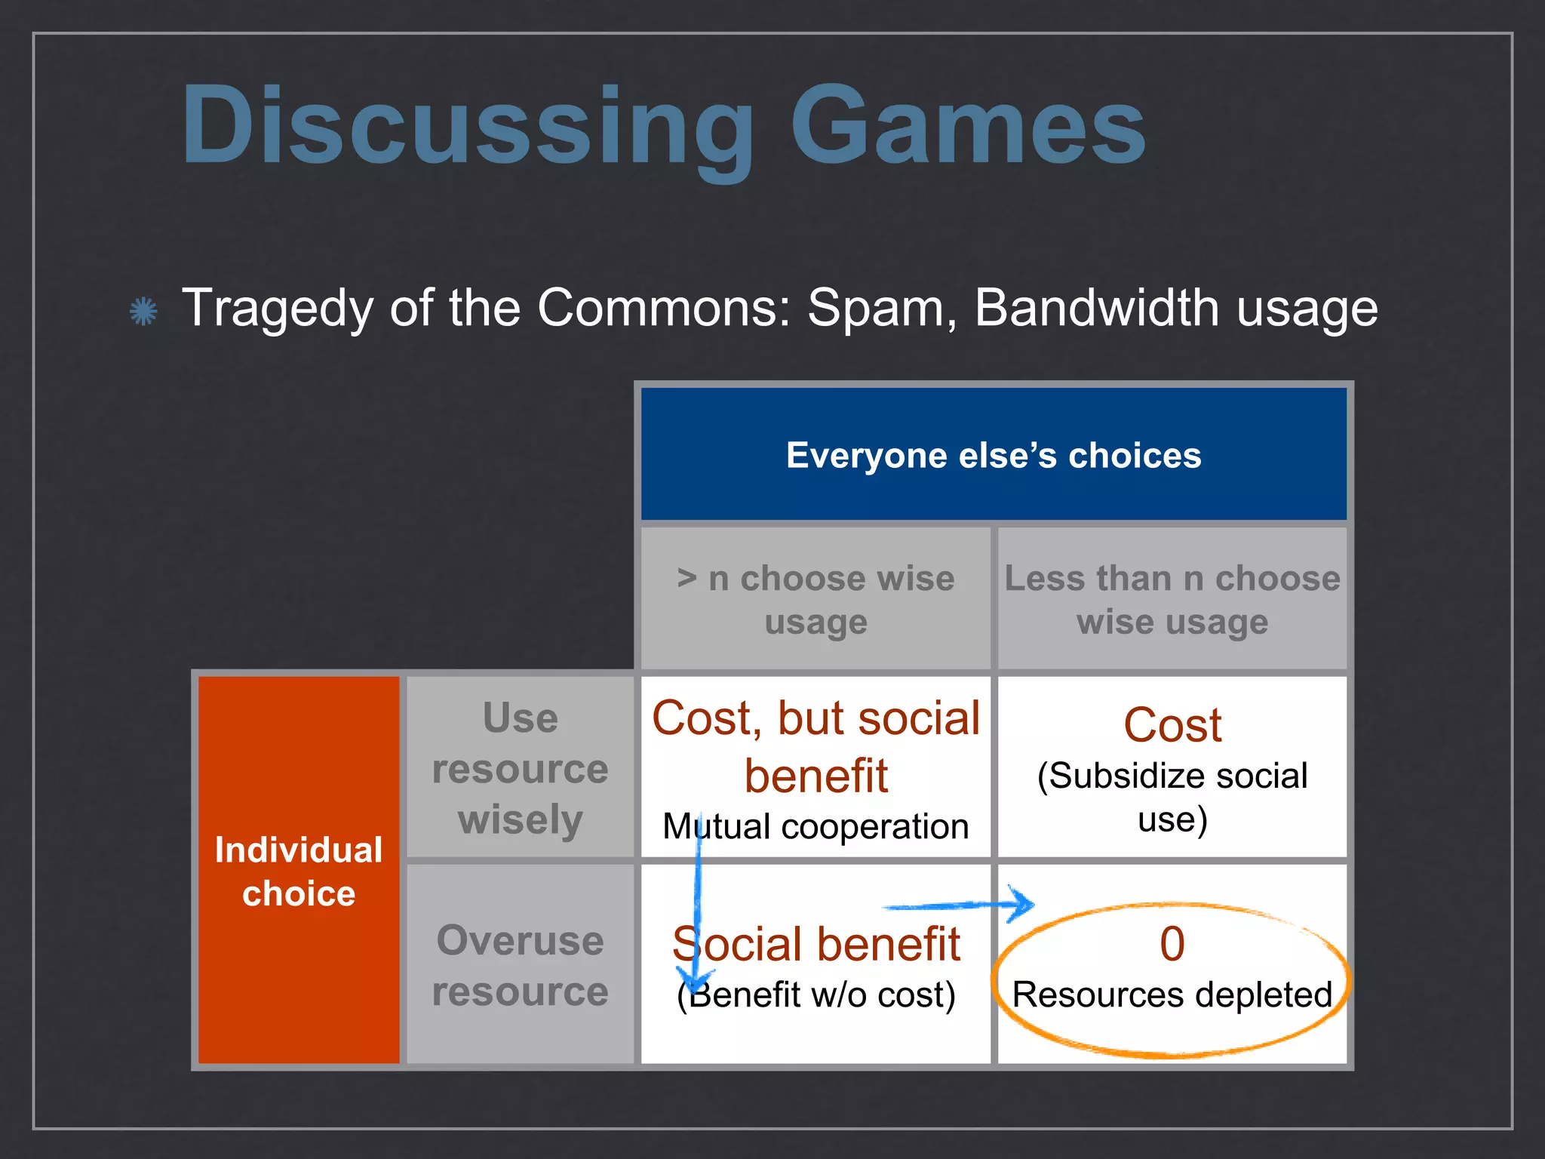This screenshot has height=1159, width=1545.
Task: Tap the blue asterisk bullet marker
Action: pos(143,311)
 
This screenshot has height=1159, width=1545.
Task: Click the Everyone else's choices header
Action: pos(993,455)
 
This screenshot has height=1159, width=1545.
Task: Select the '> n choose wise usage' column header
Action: pos(816,599)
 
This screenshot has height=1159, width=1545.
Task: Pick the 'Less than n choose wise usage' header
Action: pos(1172,599)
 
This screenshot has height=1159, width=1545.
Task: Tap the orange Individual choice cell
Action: pos(299,870)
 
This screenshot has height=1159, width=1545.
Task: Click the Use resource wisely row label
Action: pos(520,767)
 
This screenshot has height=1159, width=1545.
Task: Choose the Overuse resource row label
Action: pos(520,965)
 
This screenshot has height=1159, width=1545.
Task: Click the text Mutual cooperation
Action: pos(816,826)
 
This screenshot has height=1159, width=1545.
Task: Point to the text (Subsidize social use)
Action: pos(1172,796)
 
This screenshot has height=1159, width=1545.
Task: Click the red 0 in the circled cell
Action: pos(1172,943)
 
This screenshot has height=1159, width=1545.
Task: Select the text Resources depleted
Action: pos(1172,995)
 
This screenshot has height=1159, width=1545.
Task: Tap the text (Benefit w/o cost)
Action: pos(816,995)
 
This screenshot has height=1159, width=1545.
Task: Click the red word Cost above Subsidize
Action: pos(1172,725)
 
